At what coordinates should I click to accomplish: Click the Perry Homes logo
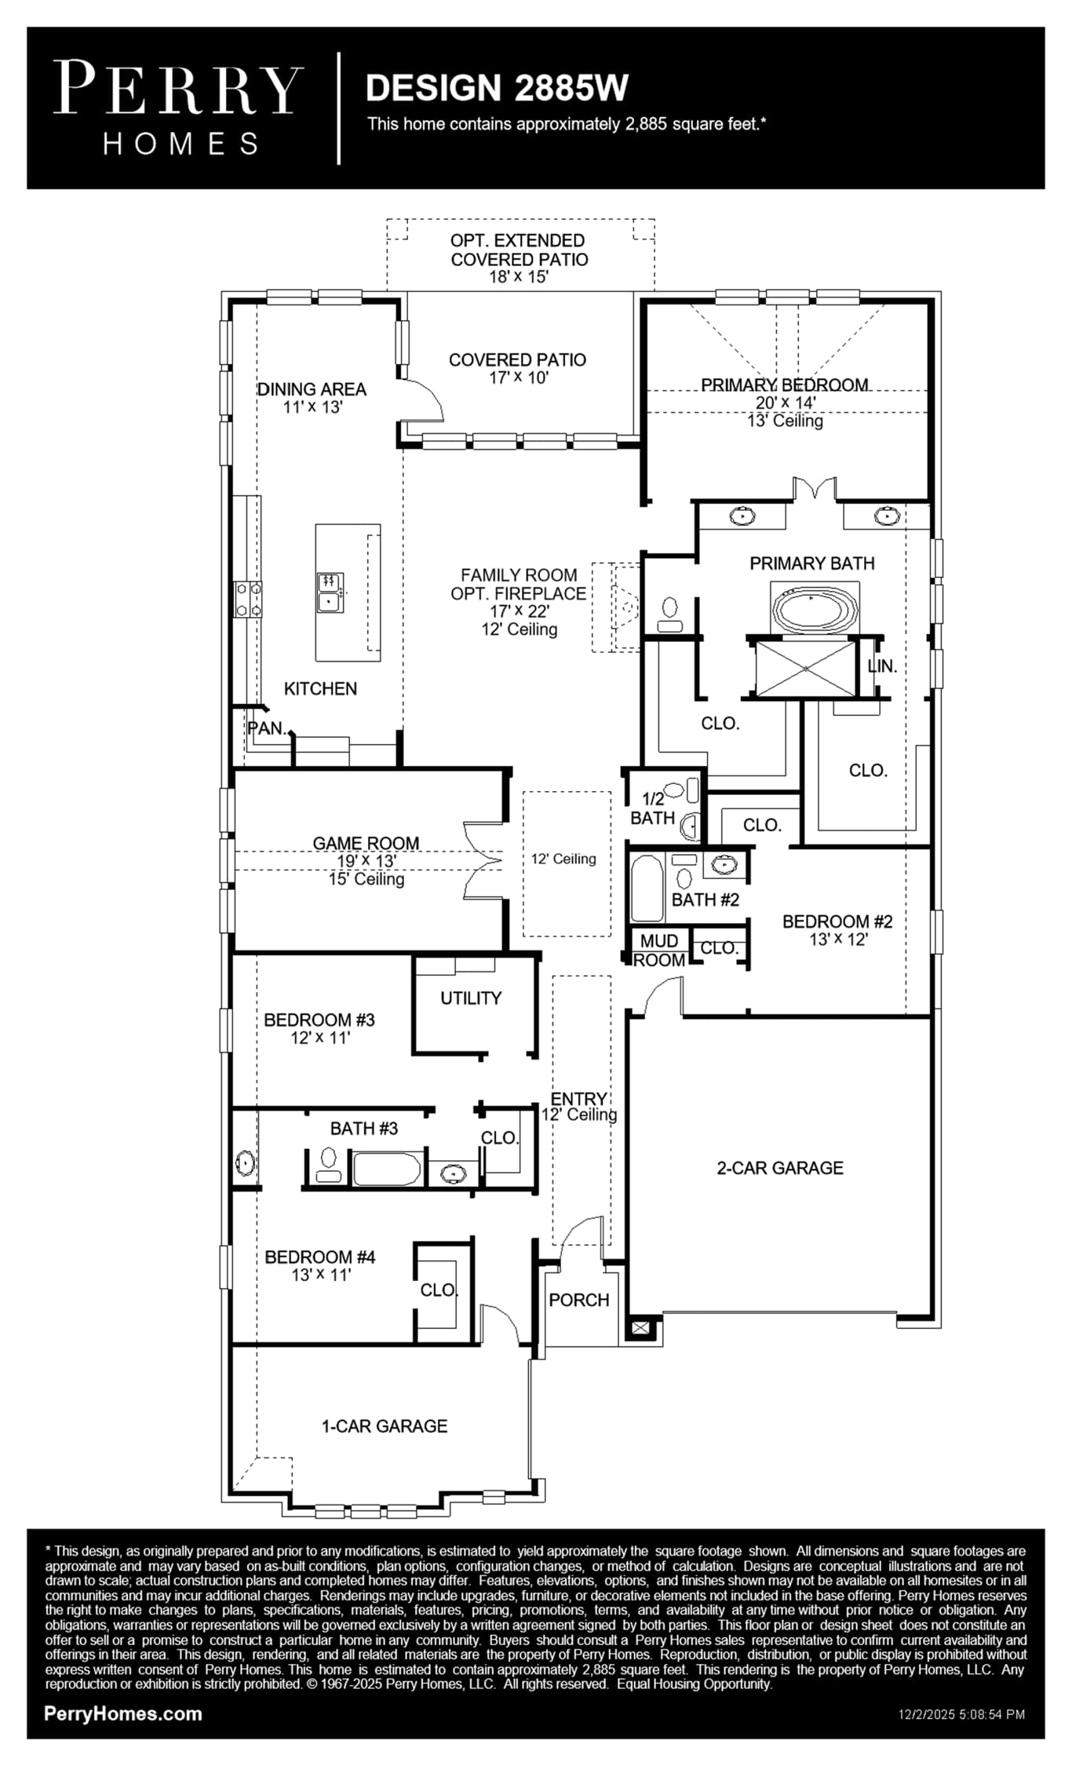pyautogui.click(x=178, y=108)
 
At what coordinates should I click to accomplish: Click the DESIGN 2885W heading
pyautogui.click(x=497, y=88)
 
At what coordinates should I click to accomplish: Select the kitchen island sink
pyautogui.click(x=329, y=592)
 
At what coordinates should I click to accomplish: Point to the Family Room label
pyautogui.click(x=519, y=575)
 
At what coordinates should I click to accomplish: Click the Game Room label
pyautogui.click(x=366, y=843)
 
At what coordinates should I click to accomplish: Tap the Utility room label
pyautogui.click(x=471, y=998)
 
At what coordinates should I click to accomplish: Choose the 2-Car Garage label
pyautogui.click(x=780, y=1168)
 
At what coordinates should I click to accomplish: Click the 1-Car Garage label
pyautogui.click(x=385, y=1426)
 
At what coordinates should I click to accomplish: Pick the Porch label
pyautogui.click(x=579, y=1300)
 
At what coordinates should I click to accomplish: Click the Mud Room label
pyautogui.click(x=659, y=951)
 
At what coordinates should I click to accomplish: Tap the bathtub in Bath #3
pyautogui.click(x=388, y=1169)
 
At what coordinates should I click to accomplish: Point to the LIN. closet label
pyautogui.click(x=882, y=666)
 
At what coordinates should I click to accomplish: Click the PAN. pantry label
pyautogui.click(x=267, y=728)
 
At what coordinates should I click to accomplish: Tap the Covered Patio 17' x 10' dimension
pyautogui.click(x=519, y=378)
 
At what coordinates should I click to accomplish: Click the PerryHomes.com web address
pyautogui.click(x=123, y=1713)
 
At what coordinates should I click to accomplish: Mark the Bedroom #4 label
pyautogui.click(x=320, y=1257)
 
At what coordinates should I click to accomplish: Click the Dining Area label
pyautogui.click(x=312, y=389)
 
